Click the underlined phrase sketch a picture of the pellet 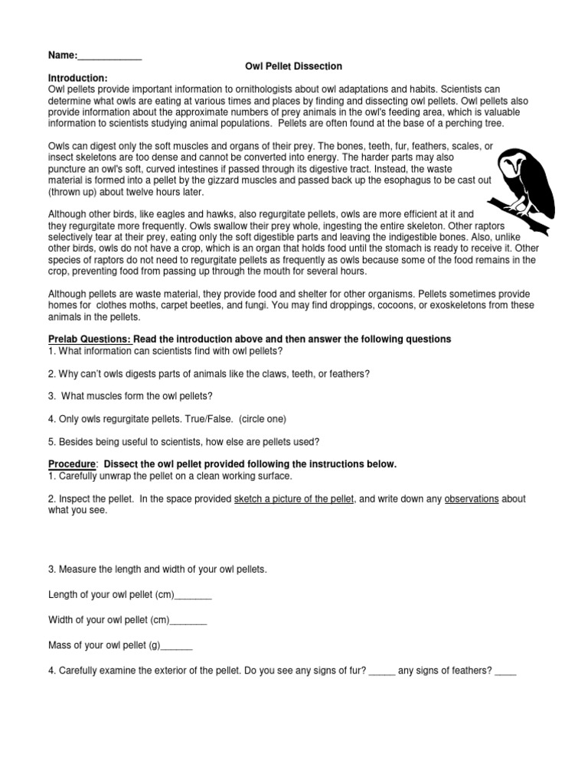(x=294, y=499)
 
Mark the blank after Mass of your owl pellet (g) (x=177, y=645)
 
